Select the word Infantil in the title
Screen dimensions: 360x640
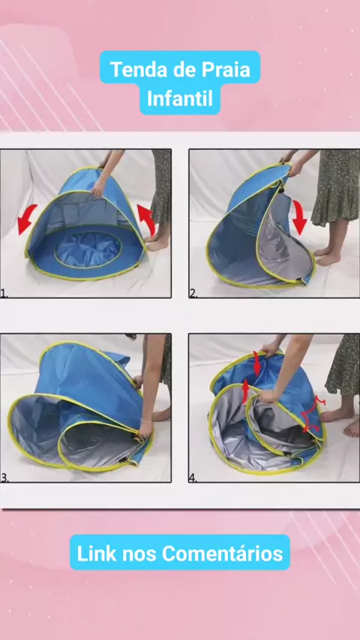(x=180, y=99)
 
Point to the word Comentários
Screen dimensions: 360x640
(x=222, y=554)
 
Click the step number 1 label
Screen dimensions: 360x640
(x=4, y=294)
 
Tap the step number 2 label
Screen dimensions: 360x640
(x=193, y=294)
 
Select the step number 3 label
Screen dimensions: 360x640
(x=4, y=478)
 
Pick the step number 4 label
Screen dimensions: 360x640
(x=193, y=478)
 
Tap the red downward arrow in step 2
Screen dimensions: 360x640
(x=299, y=217)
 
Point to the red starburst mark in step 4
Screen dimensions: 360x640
(x=313, y=415)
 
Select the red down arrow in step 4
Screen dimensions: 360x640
(x=256, y=363)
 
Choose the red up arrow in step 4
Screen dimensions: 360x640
(x=245, y=391)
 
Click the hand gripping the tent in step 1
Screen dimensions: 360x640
(x=98, y=187)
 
